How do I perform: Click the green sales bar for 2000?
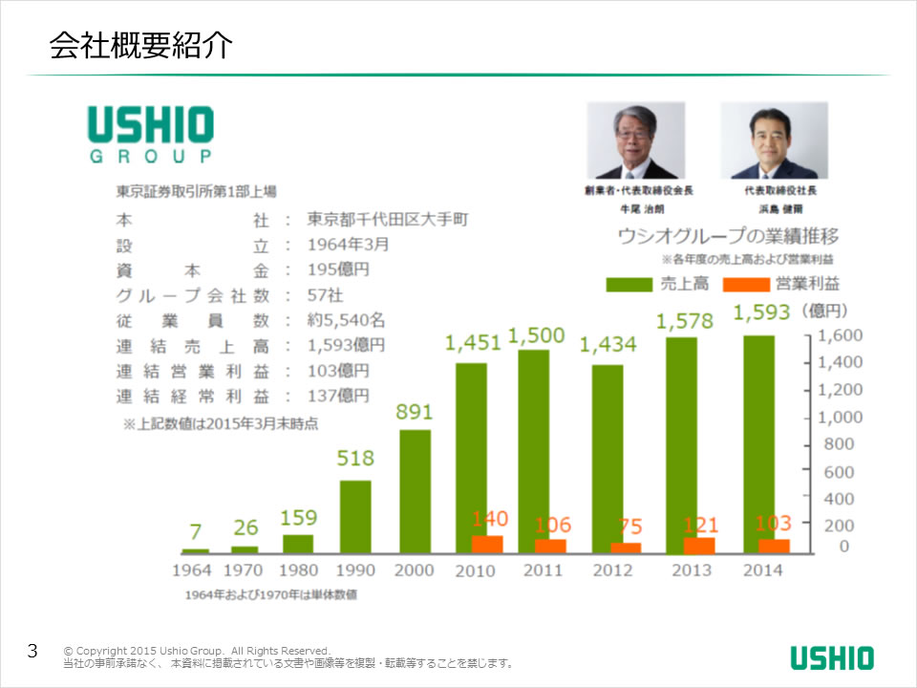coord(415,491)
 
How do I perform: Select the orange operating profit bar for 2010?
coord(487,544)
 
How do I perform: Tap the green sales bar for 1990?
coord(355,516)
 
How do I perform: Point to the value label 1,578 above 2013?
coord(685,321)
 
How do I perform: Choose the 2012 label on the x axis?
coord(612,570)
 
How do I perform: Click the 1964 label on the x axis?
coord(193,570)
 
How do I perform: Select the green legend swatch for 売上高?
coord(629,284)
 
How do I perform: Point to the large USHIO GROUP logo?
coord(151,134)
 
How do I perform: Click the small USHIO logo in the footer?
coord(831,657)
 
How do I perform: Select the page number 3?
coord(32,652)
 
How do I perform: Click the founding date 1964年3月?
coord(348,244)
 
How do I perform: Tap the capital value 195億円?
coord(338,269)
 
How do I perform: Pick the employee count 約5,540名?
coord(347,320)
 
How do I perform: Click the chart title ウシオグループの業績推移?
coord(729,236)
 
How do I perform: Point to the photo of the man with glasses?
coord(635,140)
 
